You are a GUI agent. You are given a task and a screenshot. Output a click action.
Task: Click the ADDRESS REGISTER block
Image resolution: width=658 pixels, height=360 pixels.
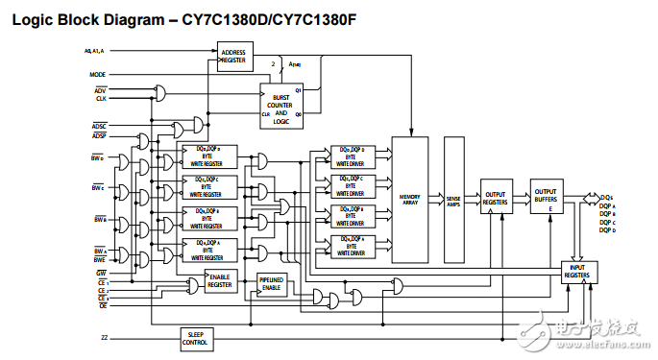click(x=232, y=57)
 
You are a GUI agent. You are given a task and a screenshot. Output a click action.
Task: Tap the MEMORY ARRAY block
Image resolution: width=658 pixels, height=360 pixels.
click(x=410, y=198)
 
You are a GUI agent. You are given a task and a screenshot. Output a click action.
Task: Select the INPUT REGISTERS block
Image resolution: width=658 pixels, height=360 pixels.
click(x=577, y=272)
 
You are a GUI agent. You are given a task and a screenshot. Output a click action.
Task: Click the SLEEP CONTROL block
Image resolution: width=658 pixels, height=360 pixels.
click(x=196, y=338)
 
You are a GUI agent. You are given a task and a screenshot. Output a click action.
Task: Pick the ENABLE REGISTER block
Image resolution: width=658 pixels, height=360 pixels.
click(x=220, y=281)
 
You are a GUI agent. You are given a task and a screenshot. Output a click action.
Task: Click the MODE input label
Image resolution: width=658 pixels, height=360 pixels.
click(x=98, y=74)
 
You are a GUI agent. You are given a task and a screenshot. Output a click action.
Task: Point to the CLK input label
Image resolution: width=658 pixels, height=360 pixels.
click(x=101, y=99)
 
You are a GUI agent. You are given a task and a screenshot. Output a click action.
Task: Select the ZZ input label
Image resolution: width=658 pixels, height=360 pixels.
click(x=104, y=338)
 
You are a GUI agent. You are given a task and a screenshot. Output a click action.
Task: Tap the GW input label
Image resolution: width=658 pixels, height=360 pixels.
click(x=101, y=273)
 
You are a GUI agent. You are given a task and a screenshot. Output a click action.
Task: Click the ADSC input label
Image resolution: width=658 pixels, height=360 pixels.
click(x=100, y=126)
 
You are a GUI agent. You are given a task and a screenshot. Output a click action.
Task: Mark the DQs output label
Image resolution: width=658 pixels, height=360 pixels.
click(x=606, y=197)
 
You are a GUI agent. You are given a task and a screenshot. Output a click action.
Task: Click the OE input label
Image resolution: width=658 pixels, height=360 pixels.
click(x=102, y=306)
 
